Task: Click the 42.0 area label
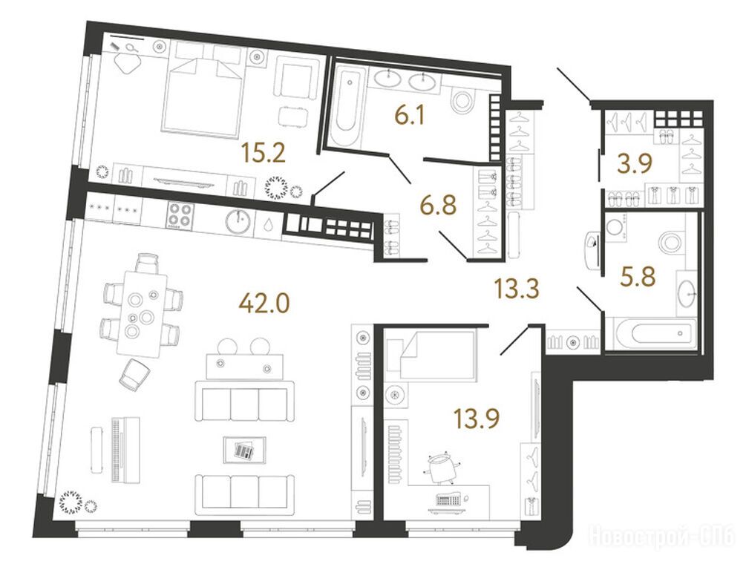point(264,303)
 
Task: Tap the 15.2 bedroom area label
point(263,153)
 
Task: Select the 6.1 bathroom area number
point(410,114)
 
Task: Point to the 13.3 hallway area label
point(517,288)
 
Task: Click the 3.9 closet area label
point(634,164)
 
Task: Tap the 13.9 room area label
point(477,419)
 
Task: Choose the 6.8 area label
point(438,205)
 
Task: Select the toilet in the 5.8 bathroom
point(671,241)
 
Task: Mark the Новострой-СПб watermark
point(661,537)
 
